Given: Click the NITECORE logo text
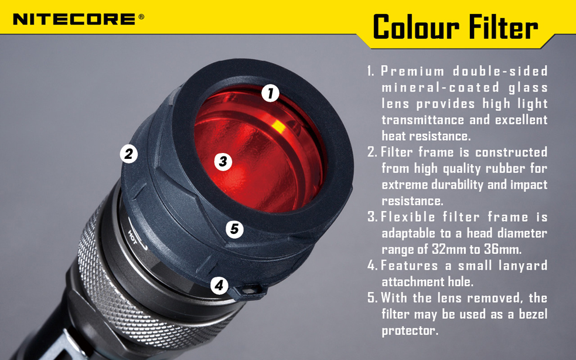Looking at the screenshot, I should click(74, 19).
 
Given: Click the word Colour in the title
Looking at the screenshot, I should click(415, 27).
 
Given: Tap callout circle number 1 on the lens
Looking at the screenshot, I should click(270, 93).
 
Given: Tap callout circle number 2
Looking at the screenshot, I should click(128, 154).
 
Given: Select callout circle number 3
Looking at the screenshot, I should click(223, 161).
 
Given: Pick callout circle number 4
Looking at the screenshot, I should click(219, 286).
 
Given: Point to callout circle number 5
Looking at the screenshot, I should click(234, 229).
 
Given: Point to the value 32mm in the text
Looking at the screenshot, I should click(447, 249).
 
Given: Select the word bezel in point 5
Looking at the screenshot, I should click(530, 314).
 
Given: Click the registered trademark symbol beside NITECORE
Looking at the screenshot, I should click(141, 17).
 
